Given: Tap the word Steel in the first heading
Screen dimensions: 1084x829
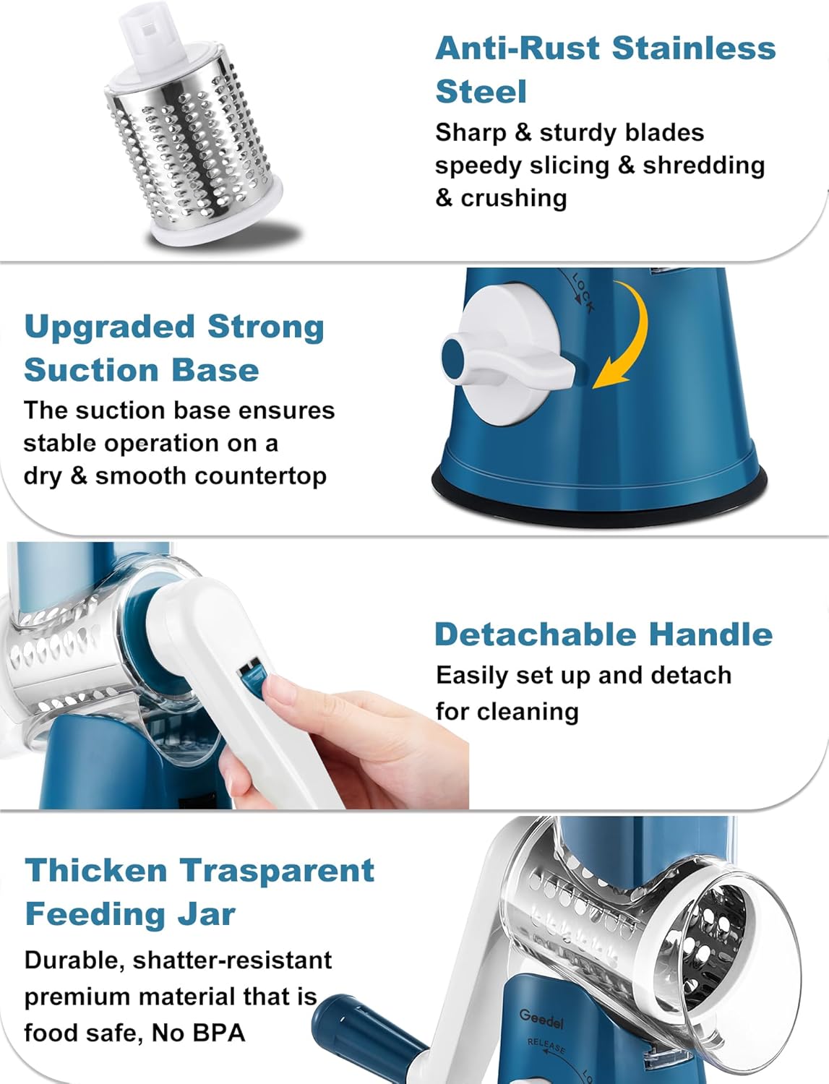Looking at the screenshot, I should (481, 92).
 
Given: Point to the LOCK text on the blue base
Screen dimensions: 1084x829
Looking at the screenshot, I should (583, 292).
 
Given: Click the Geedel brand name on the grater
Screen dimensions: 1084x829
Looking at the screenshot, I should (541, 1018).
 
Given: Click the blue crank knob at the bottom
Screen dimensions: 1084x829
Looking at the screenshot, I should (340, 1026).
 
